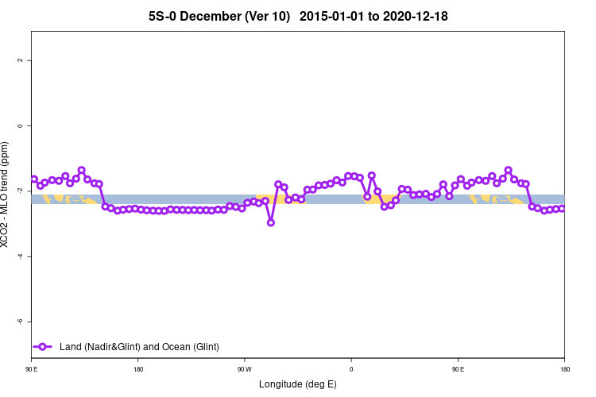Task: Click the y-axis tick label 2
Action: (24, 60)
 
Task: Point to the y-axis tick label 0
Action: (24, 125)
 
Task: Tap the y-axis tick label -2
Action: (23, 191)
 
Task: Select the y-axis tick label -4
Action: (23, 256)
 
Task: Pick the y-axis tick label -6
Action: (23, 322)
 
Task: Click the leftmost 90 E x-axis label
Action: (32, 369)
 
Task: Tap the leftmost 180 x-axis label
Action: (138, 369)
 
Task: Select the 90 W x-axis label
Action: (244, 369)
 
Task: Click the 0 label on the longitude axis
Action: (351, 369)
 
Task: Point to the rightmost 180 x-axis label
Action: (563, 369)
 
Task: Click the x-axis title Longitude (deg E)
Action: (298, 384)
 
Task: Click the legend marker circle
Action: (44, 346)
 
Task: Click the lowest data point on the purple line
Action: (271, 222)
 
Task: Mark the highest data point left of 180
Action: (81, 170)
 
